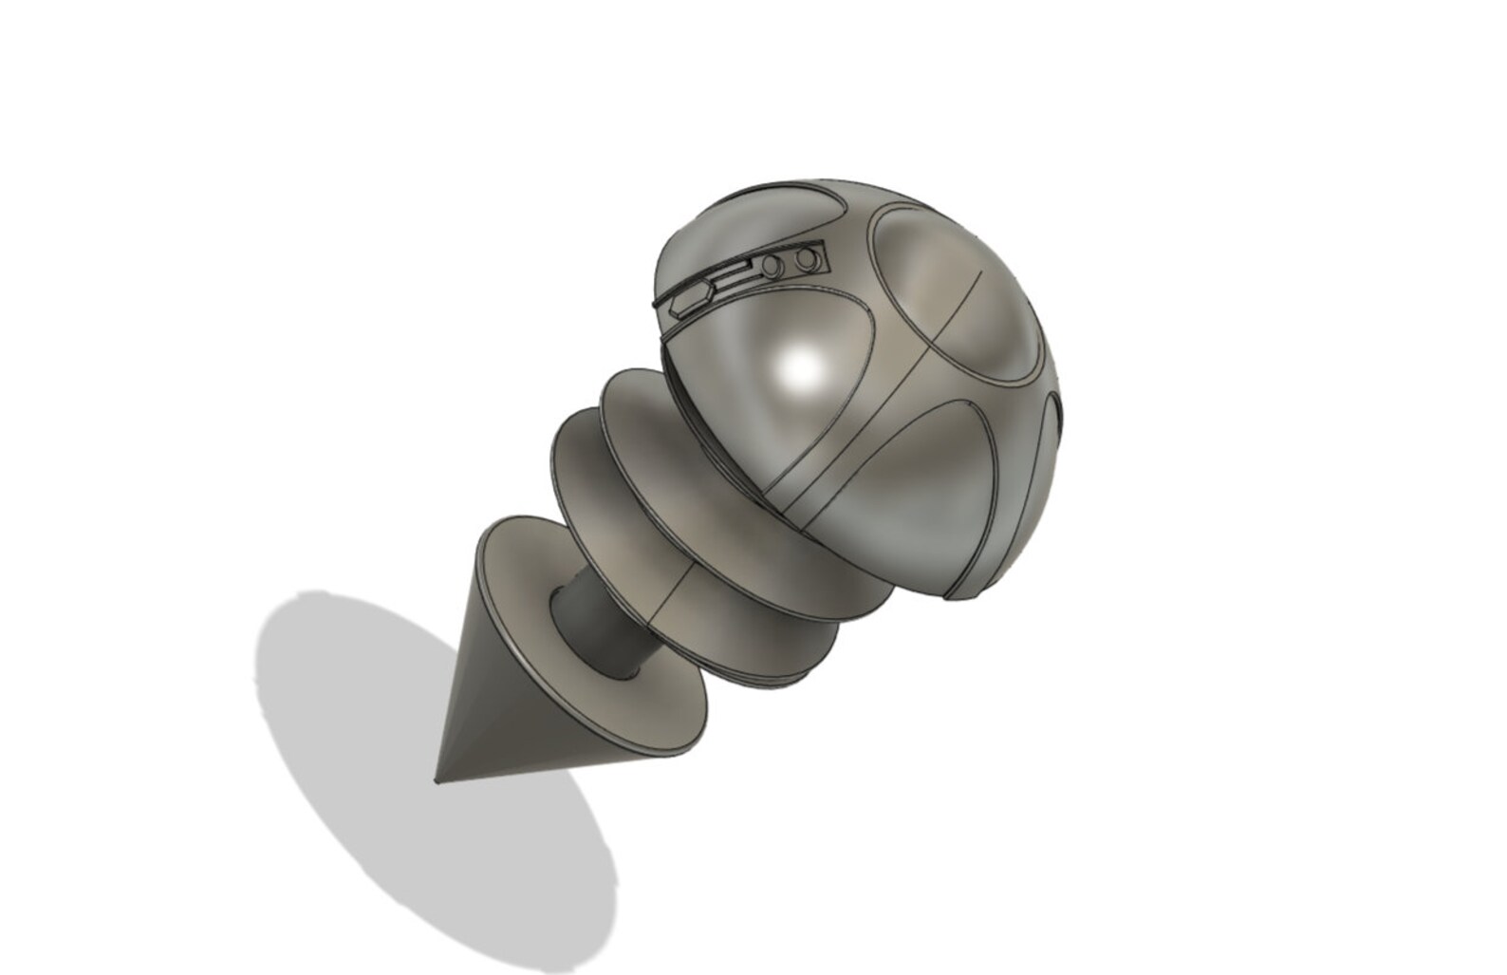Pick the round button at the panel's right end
(809, 257)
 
